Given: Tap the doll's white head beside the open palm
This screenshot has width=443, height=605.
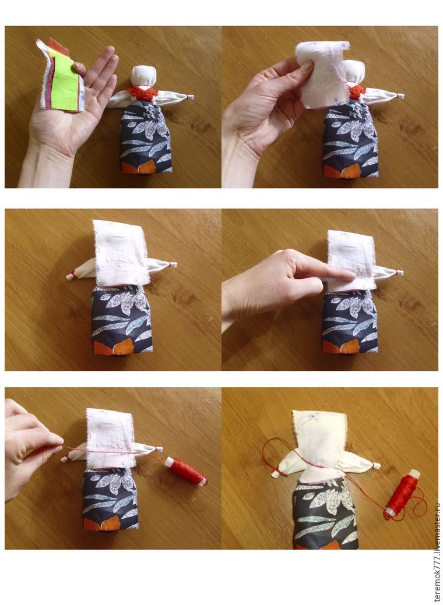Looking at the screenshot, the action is point(143,76).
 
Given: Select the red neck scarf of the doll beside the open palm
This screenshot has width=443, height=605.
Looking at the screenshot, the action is point(142,93).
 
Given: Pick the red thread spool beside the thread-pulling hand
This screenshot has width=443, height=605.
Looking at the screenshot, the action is point(186,471).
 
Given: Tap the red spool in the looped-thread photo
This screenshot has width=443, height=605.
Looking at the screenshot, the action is point(402,492).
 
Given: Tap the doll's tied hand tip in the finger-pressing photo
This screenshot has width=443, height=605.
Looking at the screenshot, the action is point(399,273).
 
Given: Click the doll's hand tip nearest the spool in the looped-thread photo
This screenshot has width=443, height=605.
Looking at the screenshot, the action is point(376,466).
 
